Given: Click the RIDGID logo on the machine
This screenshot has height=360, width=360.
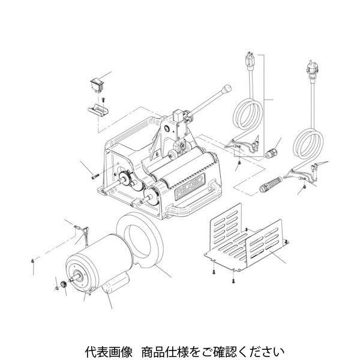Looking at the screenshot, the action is [x=190, y=186].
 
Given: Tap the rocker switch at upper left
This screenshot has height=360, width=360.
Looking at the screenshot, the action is [x=98, y=86].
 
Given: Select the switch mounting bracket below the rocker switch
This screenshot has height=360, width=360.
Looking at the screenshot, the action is [x=98, y=110].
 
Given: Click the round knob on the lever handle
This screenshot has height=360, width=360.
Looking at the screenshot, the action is [x=227, y=89].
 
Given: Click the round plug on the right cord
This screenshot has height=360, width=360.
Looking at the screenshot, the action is [x=312, y=69].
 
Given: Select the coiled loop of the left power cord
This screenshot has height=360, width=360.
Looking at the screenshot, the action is [x=248, y=114].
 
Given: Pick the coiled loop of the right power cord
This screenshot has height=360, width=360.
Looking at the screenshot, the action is [x=309, y=142].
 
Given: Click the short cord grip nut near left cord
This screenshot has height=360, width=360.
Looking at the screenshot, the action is [x=271, y=154].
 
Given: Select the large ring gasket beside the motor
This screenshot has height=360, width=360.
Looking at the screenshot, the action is [x=140, y=239].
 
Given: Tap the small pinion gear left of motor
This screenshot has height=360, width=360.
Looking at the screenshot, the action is [x=64, y=284].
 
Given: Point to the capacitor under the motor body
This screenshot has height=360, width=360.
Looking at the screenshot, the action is [x=115, y=284].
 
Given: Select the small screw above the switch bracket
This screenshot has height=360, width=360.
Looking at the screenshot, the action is [x=103, y=100].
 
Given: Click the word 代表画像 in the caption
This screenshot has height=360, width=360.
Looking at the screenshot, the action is [x=109, y=352].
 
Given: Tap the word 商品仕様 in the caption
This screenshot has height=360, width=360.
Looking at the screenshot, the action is [x=165, y=352].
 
